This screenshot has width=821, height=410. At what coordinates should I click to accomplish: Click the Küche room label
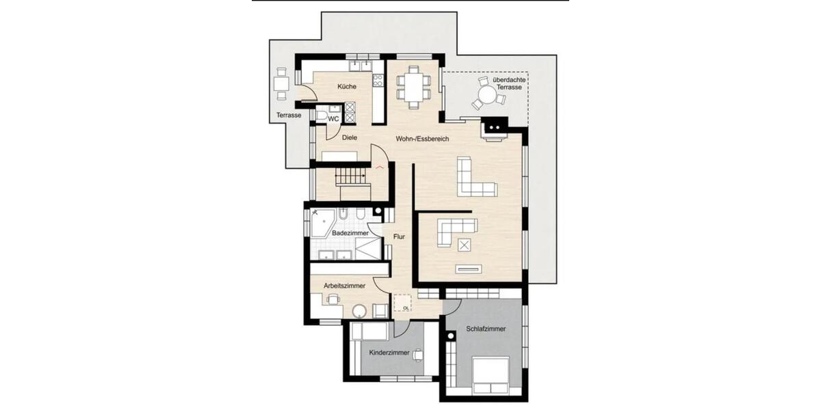[346, 87]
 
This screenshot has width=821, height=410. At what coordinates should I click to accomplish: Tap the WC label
[334, 119]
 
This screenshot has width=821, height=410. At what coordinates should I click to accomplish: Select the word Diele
[350, 137]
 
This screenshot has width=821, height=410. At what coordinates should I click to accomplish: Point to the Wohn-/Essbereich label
[421, 139]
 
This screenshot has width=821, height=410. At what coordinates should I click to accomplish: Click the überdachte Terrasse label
[507, 84]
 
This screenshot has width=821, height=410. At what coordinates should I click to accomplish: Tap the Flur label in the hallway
[399, 237]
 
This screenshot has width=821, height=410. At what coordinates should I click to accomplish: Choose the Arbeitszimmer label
[344, 285]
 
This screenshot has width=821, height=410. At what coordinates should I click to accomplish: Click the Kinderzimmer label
[389, 353]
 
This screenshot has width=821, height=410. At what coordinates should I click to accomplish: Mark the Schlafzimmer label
[486, 329]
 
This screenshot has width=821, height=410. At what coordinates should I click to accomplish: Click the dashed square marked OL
[403, 302]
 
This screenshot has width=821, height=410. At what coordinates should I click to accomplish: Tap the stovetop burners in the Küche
[377, 80]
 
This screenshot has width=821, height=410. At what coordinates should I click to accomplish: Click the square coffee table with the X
[465, 245]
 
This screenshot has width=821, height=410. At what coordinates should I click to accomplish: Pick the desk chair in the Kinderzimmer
[418, 353]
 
